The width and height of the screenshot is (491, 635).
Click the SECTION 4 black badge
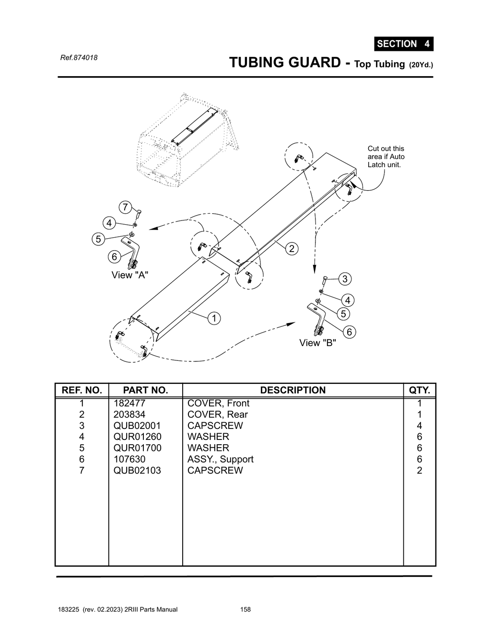(403, 44)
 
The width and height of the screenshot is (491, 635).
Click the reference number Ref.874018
(79, 58)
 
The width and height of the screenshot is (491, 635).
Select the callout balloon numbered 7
(125, 207)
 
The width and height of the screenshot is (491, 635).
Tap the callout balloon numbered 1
(214, 318)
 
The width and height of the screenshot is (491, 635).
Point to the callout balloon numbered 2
(291, 248)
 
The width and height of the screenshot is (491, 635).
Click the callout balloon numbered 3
(344, 279)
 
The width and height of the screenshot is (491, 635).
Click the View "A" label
(130, 275)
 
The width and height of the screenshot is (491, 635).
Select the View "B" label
(317, 343)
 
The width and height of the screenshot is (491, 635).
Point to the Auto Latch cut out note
(386, 157)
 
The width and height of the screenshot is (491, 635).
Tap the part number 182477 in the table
(129, 403)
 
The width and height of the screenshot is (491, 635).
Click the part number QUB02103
(137, 470)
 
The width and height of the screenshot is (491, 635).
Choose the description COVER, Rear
(217, 414)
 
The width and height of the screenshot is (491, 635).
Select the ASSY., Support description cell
(220, 459)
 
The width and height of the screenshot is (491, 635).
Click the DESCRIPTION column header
(292, 390)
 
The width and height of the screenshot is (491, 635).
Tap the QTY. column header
(419, 390)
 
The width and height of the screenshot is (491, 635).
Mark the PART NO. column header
(145, 390)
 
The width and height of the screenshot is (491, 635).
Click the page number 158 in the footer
(245, 610)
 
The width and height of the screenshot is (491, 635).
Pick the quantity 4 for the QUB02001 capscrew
(419, 426)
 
